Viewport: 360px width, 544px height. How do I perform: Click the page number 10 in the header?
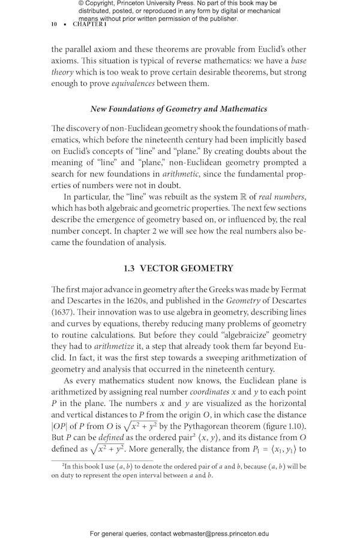point(54,24)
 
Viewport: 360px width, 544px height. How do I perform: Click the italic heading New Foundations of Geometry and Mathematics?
point(178,109)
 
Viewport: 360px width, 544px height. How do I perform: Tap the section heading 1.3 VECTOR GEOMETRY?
point(178,268)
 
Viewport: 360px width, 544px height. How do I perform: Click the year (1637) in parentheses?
point(67,312)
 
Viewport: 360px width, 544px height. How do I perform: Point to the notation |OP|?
point(62,427)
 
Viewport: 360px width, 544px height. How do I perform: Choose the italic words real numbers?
point(281,196)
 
